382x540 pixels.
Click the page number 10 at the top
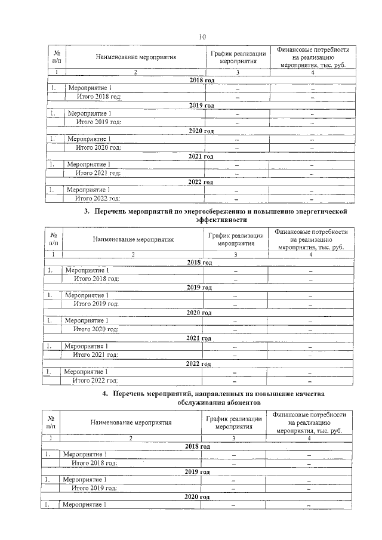(x=202, y=37)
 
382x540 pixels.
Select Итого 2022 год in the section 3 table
(x=95, y=380)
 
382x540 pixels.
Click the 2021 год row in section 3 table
(x=199, y=338)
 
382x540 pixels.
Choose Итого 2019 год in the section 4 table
(x=94, y=487)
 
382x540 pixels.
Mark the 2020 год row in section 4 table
(x=197, y=496)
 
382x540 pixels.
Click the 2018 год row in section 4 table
(x=198, y=446)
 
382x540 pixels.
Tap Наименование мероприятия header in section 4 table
(x=131, y=422)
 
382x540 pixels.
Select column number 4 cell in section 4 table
(x=309, y=438)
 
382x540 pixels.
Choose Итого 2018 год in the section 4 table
(x=94, y=462)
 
